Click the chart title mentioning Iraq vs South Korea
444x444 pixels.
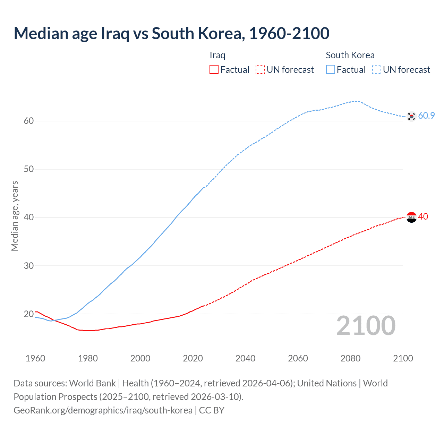[171, 33]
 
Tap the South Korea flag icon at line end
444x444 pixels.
[411, 116]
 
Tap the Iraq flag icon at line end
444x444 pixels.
[411, 217]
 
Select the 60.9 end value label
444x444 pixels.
[426, 116]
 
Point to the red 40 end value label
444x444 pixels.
[423, 216]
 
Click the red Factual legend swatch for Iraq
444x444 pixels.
[214, 70]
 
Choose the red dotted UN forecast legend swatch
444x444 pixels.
[260, 70]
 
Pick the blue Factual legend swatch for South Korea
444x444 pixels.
[331, 70]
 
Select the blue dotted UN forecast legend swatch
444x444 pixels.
[377, 70]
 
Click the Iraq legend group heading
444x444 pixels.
[217, 55]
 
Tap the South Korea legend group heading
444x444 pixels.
[350, 55]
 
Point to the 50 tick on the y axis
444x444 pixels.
[29, 169]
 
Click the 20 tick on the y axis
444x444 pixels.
[29, 314]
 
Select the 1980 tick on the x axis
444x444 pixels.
[88, 358]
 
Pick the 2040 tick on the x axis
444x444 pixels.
[245, 358]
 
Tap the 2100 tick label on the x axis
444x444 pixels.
[403, 358]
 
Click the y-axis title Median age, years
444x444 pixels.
[15, 216]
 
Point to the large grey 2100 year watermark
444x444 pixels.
[366, 326]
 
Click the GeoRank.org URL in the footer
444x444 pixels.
[103, 410]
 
